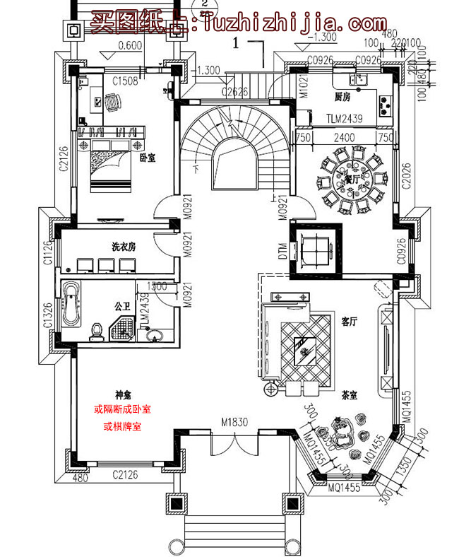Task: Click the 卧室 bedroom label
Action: [148, 158]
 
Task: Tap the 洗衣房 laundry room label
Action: [123, 247]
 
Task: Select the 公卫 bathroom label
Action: [121, 307]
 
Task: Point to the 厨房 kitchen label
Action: [342, 95]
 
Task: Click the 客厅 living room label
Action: [349, 321]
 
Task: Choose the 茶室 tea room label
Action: [348, 395]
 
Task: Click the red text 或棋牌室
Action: [122, 426]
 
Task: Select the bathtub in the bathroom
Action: [71, 304]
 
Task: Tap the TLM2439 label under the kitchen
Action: [344, 119]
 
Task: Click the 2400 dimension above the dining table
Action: [345, 138]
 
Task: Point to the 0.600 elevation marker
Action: [129, 47]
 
